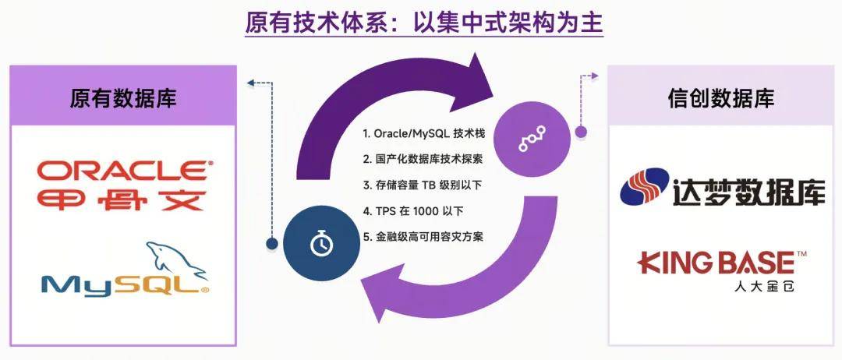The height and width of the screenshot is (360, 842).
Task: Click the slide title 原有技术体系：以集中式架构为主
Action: pos(424,23)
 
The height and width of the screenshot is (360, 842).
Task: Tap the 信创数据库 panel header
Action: pos(721,97)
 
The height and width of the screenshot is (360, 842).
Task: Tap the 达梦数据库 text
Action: pos(748,192)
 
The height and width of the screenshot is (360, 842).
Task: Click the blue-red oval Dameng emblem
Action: pos(645,187)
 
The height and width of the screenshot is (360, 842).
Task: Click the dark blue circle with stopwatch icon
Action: pos(321,245)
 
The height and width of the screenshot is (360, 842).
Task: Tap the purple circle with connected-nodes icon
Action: pos(532,139)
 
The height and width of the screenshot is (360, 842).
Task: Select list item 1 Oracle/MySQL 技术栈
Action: pos(423,133)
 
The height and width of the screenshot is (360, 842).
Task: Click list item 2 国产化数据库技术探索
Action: pos(423,159)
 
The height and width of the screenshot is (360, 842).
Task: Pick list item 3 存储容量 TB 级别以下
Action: pos(422,185)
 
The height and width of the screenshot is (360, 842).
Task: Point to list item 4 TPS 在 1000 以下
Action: pos(412,211)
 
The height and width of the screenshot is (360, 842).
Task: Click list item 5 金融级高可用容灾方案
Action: pos(423,237)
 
